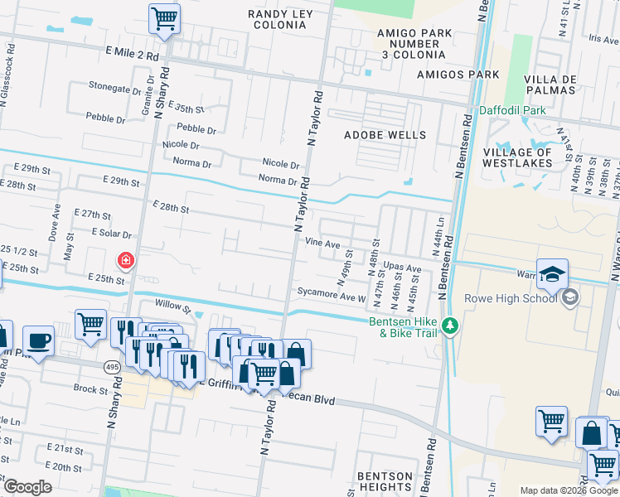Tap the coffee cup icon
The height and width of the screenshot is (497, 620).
[40, 340]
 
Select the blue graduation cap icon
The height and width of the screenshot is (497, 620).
[552, 273]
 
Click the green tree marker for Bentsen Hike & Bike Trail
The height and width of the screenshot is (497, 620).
[450, 326]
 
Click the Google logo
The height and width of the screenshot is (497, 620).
[28, 487]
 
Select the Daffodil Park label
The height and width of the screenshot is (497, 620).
[512, 110]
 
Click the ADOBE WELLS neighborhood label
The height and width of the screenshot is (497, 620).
[385, 135]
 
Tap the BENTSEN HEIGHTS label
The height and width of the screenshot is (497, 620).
[384, 482]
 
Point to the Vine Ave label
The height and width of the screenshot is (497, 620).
[322, 244]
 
